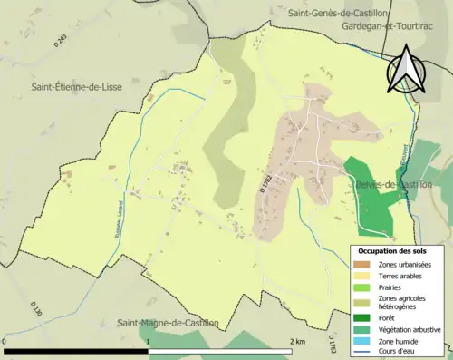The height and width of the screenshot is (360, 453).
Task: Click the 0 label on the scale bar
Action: click(5, 342)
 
